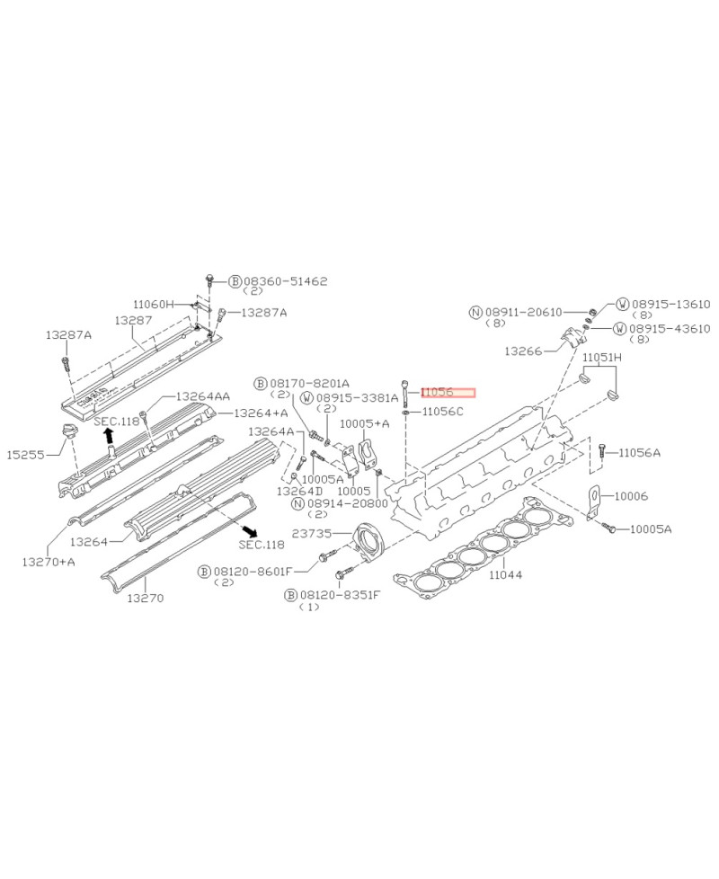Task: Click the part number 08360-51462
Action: (x=285, y=281)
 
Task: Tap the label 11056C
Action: (x=442, y=412)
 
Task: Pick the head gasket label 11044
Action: (x=505, y=574)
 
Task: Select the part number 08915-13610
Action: (x=670, y=305)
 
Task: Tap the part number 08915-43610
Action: (x=670, y=329)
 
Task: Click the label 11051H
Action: (x=601, y=358)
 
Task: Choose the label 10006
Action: (x=630, y=495)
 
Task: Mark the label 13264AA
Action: (x=202, y=396)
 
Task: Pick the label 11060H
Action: (x=153, y=304)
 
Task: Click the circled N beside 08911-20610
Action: (x=475, y=312)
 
